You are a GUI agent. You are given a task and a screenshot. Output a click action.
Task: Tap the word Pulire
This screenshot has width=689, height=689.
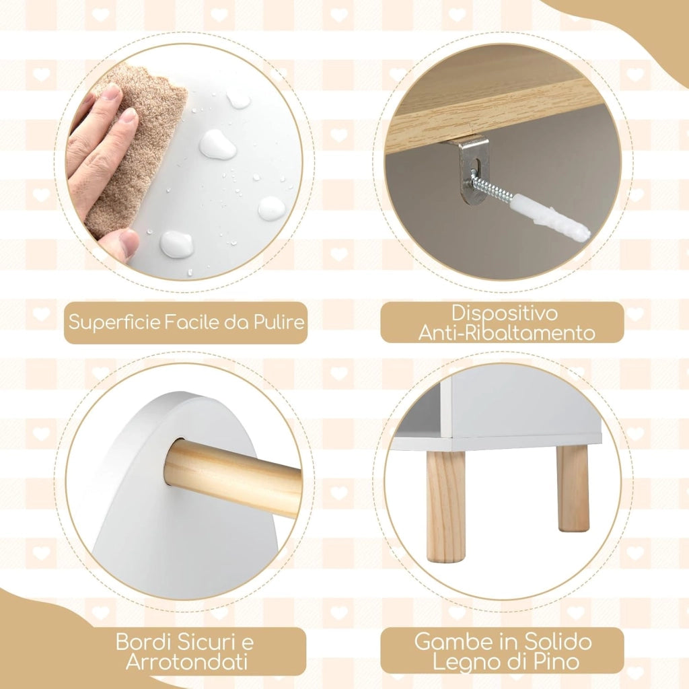pos(279,322)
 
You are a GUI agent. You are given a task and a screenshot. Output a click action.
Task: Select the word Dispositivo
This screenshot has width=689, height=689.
pos(505,313)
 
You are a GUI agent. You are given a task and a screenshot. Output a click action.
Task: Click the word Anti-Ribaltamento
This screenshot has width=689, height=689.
pos(506,332)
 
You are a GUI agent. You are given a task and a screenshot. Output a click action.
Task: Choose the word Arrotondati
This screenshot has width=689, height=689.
pos(186,662)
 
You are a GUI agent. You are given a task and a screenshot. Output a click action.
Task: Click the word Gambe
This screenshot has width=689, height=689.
pos(453,642)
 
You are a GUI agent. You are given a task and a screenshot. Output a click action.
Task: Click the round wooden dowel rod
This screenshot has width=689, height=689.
pos(232,476)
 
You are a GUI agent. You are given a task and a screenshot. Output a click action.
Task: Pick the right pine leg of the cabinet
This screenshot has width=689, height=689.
pos(573,488)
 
